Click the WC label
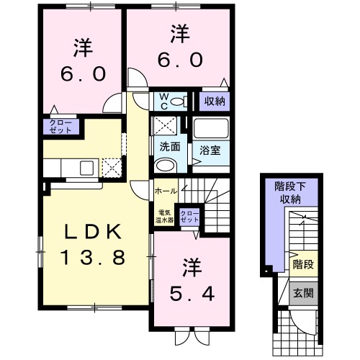[x=164, y=102]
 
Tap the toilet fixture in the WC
[x=179, y=102]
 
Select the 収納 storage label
[x=215, y=102]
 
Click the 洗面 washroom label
[x=170, y=146]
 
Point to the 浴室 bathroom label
[x=210, y=150]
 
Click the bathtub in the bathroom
[x=211, y=129]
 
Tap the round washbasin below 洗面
[x=166, y=165]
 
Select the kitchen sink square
[x=87, y=168]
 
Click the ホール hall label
[x=166, y=192]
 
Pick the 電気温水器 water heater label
[x=164, y=217]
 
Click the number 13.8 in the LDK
[x=94, y=257]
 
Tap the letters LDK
[x=94, y=232]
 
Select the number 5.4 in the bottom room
[x=192, y=294]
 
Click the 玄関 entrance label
[x=304, y=293]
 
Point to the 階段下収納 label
[x=290, y=193]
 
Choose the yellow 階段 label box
[x=303, y=264]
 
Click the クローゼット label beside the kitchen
[x=60, y=127]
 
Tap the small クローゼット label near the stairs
[x=189, y=217]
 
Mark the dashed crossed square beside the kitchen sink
[x=112, y=168]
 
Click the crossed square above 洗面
[x=165, y=126]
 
